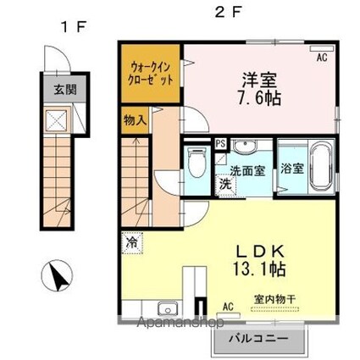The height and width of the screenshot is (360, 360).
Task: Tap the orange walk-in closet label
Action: point(152,72)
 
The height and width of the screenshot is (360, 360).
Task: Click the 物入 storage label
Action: point(136,119)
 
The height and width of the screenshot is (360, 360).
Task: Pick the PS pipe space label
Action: point(220,143)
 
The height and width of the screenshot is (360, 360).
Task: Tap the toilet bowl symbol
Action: point(197,162)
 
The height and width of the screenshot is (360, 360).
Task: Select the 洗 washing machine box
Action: point(225,183)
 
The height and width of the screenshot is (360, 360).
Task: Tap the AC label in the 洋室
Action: point(322,58)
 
